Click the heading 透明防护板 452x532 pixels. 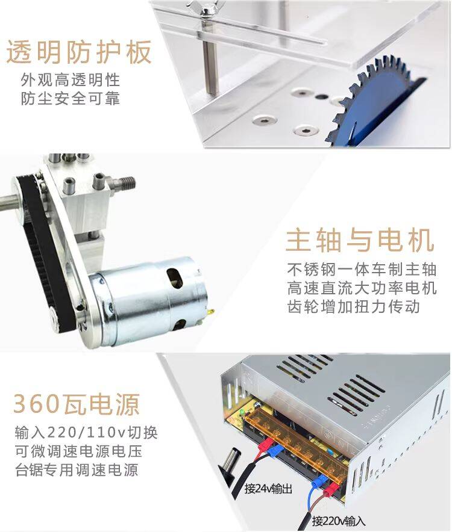(79, 52)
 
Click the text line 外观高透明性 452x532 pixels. (71, 81)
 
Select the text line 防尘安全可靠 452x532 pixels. (71, 99)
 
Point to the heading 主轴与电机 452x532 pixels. (360, 240)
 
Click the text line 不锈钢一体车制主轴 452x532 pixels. (362, 270)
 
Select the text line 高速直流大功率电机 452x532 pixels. (362, 288)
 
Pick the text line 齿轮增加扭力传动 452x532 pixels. (353, 307)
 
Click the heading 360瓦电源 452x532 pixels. (77, 404)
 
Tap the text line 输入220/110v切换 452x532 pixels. (86, 433)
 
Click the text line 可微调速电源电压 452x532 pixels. (78, 451)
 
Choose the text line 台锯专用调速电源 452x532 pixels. (77, 470)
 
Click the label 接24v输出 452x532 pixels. (268, 489)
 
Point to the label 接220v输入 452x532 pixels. (338, 521)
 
